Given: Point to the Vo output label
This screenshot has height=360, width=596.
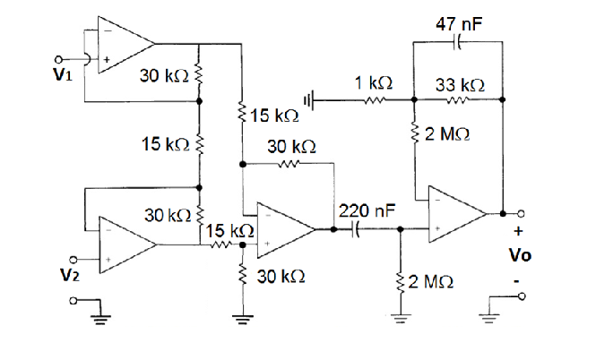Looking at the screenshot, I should (x=520, y=256).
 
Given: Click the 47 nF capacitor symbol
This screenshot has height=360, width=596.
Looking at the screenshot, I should (x=458, y=41).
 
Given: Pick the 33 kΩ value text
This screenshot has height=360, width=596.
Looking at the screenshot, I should (x=460, y=83).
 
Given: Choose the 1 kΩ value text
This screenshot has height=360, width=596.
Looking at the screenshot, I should (x=372, y=82).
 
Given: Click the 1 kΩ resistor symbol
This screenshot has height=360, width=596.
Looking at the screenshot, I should (x=372, y=100).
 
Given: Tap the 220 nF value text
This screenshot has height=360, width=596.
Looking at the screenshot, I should (x=365, y=211).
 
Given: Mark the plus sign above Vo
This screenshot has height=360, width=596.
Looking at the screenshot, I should (x=520, y=233).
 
